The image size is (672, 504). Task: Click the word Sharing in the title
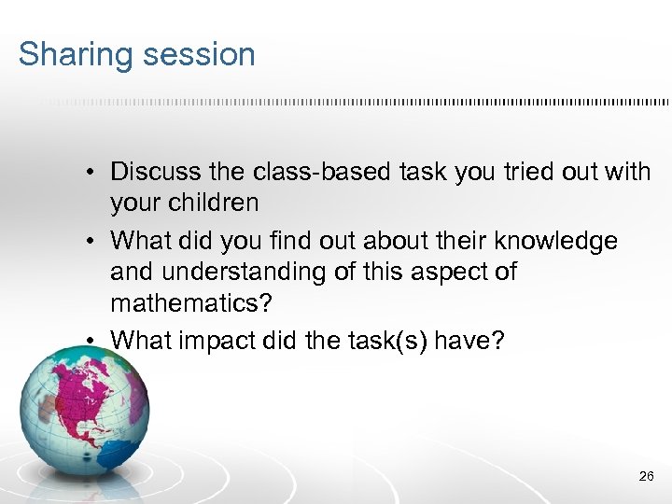coord(72,55)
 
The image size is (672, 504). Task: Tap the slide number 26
coord(647,476)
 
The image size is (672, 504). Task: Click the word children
coord(212,203)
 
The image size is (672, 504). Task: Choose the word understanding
coord(245,273)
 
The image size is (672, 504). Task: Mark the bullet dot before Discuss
coord(94,173)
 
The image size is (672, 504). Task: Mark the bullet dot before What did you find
coord(94,242)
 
